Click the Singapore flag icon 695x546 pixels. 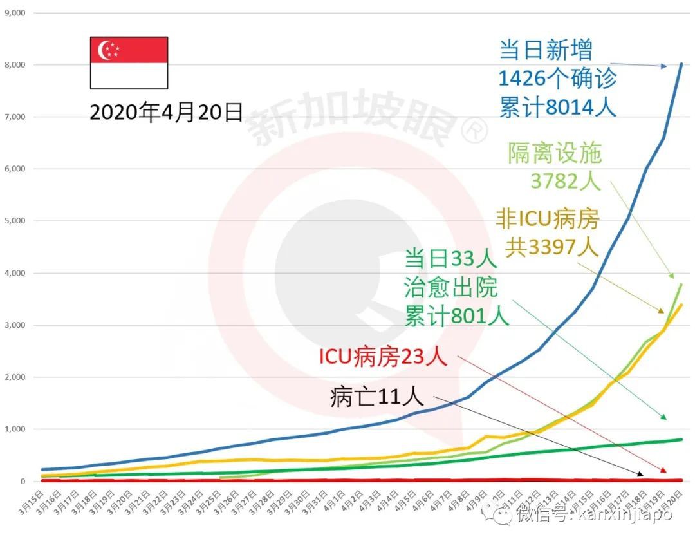(129, 62)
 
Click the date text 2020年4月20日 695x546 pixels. (166, 113)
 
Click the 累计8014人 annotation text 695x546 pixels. (557, 106)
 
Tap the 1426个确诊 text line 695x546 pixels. (557, 79)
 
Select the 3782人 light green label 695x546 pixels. (566, 181)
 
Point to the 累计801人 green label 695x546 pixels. (457, 316)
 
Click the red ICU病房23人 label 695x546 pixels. (383, 357)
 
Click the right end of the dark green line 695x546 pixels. (681, 439)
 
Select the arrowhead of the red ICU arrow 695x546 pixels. (664, 471)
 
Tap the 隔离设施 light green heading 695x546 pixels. (555, 153)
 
